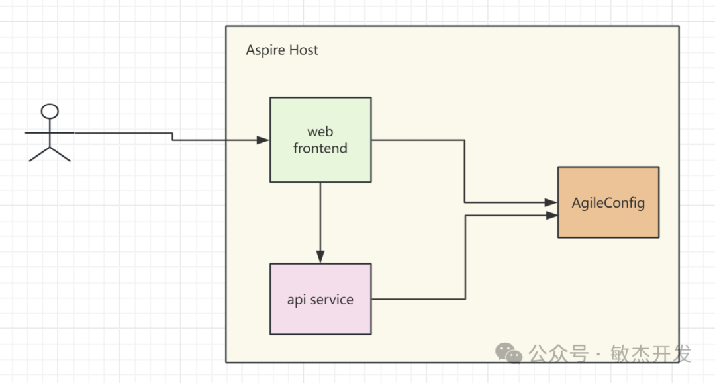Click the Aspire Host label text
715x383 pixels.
click(x=282, y=50)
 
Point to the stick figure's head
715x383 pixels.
click(x=50, y=112)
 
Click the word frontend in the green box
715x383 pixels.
click(x=320, y=148)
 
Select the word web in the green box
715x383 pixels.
click(x=320, y=132)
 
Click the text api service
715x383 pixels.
click(x=320, y=300)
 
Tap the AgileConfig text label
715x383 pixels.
click(x=608, y=203)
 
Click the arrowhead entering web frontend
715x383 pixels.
click(x=263, y=140)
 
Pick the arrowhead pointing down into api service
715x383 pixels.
click(x=320, y=257)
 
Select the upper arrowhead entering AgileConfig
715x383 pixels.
click(x=551, y=203)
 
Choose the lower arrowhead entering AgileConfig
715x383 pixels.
click(x=551, y=215)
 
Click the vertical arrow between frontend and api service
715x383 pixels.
click(x=320, y=218)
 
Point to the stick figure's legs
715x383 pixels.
click(x=50, y=153)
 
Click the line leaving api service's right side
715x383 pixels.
click(x=417, y=299)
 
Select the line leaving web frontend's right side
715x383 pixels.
click(x=417, y=140)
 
